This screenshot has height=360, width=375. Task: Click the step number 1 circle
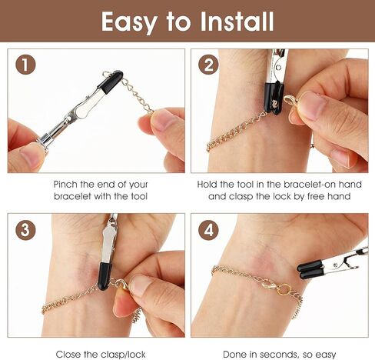point(25,65)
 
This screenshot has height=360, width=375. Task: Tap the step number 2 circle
point(208,65)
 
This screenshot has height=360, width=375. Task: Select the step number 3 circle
point(25,229)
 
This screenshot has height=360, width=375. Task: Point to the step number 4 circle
point(208,229)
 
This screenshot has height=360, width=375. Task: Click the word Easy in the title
point(129,22)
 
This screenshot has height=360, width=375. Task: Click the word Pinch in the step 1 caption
point(65,185)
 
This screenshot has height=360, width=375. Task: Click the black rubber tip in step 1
point(111,82)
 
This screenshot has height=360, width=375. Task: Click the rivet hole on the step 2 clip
point(278,68)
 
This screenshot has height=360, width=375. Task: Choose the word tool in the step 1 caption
point(139,196)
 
